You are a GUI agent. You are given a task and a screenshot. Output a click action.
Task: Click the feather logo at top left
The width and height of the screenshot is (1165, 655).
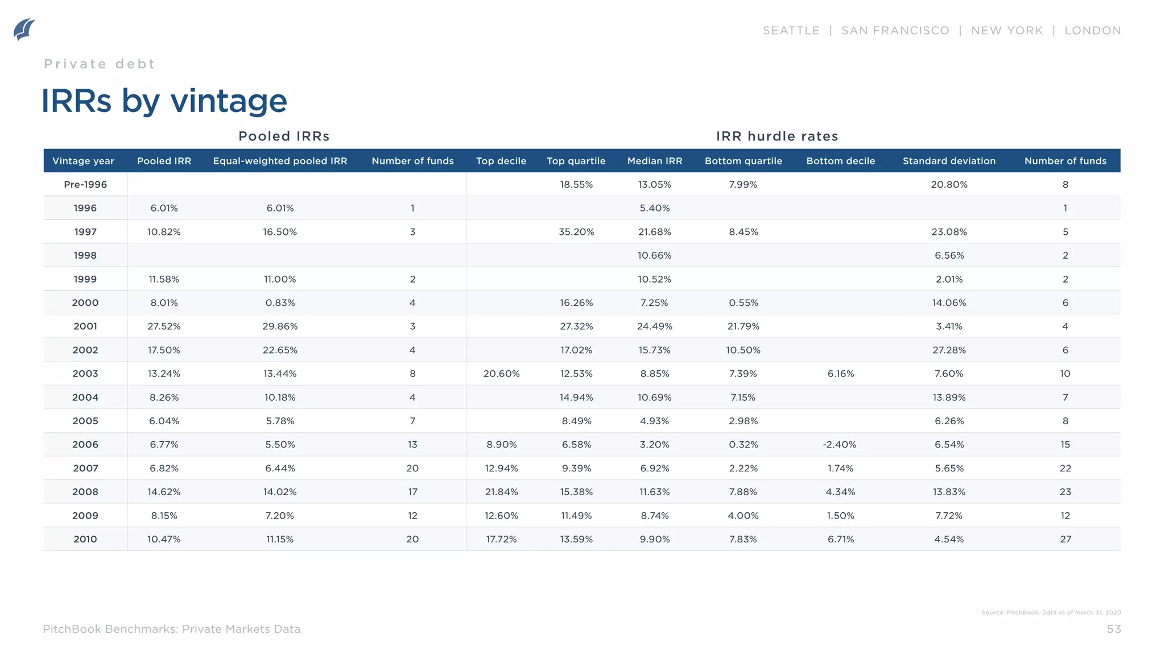click(24, 29)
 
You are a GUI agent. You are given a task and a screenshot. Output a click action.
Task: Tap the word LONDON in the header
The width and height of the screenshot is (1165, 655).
click(1092, 31)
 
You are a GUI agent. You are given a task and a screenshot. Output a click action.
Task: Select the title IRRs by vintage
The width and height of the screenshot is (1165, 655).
click(164, 101)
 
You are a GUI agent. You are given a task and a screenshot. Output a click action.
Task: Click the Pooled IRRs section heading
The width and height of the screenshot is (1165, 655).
click(284, 136)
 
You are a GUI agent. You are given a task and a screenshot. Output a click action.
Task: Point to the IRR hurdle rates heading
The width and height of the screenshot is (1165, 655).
click(777, 136)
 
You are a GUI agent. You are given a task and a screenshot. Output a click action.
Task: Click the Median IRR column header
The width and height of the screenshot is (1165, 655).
click(654, 161)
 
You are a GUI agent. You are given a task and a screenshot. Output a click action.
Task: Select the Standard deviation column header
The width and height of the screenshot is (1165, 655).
click(949, 161)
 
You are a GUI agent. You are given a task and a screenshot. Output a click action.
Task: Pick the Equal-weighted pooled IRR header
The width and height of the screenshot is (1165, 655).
click(280, 161)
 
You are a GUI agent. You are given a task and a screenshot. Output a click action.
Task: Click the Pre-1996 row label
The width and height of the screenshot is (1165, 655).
click(85, 184)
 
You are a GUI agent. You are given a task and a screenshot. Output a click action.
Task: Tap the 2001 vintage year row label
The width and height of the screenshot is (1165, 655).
click(85, 326)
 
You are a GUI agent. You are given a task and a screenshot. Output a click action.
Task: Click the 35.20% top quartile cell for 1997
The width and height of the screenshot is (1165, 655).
click(576, 232)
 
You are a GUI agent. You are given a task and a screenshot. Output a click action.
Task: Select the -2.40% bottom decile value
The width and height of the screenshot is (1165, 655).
click(840, 445)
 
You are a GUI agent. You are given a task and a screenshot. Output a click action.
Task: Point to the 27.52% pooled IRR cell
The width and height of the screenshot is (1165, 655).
click(164, 326)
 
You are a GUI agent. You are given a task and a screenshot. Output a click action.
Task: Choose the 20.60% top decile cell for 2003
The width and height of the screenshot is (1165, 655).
click(501, 374)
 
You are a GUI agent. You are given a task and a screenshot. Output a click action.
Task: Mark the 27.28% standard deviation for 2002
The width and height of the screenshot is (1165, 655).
click(949, 350)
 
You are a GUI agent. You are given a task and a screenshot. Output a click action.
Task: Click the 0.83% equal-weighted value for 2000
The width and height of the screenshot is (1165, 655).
click(280, 303)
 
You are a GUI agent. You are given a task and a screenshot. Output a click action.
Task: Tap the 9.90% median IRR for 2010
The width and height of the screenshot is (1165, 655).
click(654, 539)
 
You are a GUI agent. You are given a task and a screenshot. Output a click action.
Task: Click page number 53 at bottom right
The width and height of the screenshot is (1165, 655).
click(1113, 629)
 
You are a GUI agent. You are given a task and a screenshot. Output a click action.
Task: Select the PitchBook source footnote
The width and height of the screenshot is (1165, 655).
click(1051, 612)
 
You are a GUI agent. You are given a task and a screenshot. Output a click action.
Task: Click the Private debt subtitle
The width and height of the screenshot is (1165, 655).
click(100, 64)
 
